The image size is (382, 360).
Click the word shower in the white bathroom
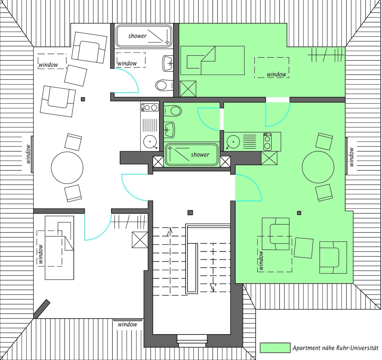tap(137, 36)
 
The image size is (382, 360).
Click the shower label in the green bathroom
tap(200, 154)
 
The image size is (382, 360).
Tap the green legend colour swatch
tap(275, 348)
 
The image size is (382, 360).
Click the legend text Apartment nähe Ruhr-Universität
tap(335, 348)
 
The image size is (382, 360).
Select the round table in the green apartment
tap(318, 167)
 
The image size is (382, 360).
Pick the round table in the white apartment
tap(67, 168)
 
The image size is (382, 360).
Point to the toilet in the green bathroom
tap(173, 111)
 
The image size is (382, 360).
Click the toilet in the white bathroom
tap(164, 85)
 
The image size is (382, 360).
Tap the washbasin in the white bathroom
tap(168, 63)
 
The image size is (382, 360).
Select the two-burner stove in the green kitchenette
tap(267, 142)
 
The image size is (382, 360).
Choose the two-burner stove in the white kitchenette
tap(150, 107)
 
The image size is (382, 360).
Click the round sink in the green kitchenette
tap(233, 142)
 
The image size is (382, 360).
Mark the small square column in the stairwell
tap(190, 213)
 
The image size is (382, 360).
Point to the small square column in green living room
tap(299, 213)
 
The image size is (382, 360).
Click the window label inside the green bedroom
tap(276, 74)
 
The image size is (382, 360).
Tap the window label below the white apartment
tap(128, 324)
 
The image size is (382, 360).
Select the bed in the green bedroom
tap(212, 60)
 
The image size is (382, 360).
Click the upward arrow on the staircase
tap(170, 231)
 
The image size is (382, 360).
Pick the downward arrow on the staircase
tap(213, 288)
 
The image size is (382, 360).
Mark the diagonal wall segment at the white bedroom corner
tap(42, 309)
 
